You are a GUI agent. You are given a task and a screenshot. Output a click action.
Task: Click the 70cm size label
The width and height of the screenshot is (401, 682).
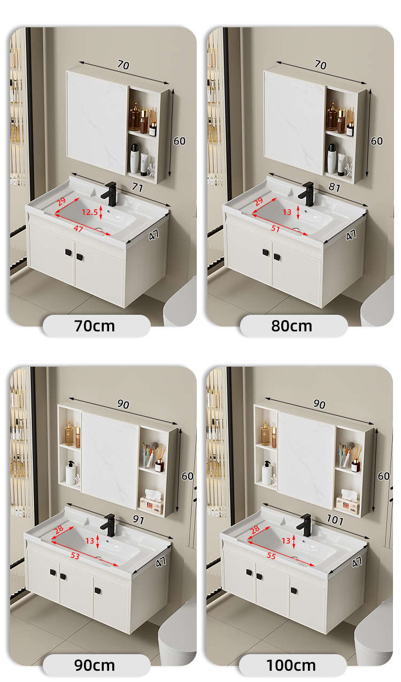pyautogui.click(x=95, y=326)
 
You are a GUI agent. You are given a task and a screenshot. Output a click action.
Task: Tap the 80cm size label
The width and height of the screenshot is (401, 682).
pyautogui.click(x=291, y=326)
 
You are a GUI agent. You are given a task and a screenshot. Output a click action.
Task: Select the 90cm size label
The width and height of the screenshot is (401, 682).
pyautogui.click(x=95, y=665)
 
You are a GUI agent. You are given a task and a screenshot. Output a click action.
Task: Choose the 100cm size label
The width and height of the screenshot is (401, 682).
pyautogui.click(x=291, y=665)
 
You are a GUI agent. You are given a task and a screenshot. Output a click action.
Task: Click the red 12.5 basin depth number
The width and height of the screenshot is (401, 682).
pyautogui.click(x=90, y=212)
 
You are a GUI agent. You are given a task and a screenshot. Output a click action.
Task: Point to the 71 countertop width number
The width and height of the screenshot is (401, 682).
pyautogui.click(x=137, y=187)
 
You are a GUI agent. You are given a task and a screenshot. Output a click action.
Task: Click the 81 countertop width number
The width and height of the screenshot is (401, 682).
pyautogui.click(x=334, y=187)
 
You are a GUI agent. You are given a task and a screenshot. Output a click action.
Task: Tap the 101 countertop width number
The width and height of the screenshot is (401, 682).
pyautogui.click(x=335, y=519)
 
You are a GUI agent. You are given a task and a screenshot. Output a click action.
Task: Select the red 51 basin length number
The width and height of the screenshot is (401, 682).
pyautogui.click(x=275, y=228)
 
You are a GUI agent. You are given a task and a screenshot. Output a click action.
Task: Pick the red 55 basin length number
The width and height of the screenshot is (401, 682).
pyautogui.click(x=271, y=556)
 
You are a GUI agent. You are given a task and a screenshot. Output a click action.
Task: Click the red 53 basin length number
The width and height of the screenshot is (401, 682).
pyautogui.click(x=75, y=556)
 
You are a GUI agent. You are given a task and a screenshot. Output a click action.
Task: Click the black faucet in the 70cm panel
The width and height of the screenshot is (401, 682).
pyautogui.click(x=110, y=193)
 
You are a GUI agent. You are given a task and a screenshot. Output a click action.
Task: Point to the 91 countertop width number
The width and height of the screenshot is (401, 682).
pyautogui.click(x=138, y=519)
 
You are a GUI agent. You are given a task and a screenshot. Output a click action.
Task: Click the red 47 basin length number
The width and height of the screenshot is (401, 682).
pyautogui.click(x=79, y=229)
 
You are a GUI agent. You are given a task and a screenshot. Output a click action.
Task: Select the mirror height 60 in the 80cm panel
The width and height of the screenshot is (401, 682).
pyautogui.click(x=377, y=141)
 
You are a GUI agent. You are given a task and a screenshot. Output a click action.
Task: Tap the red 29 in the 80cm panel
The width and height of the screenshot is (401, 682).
pyautogui.click(x=258, y=201)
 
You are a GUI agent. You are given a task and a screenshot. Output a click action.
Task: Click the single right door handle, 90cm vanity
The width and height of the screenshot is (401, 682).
pyautogui.click(x=98, y=591)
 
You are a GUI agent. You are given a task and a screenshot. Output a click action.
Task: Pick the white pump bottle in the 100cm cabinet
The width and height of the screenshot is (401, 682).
pyautogui.click(x=267, y=473)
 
